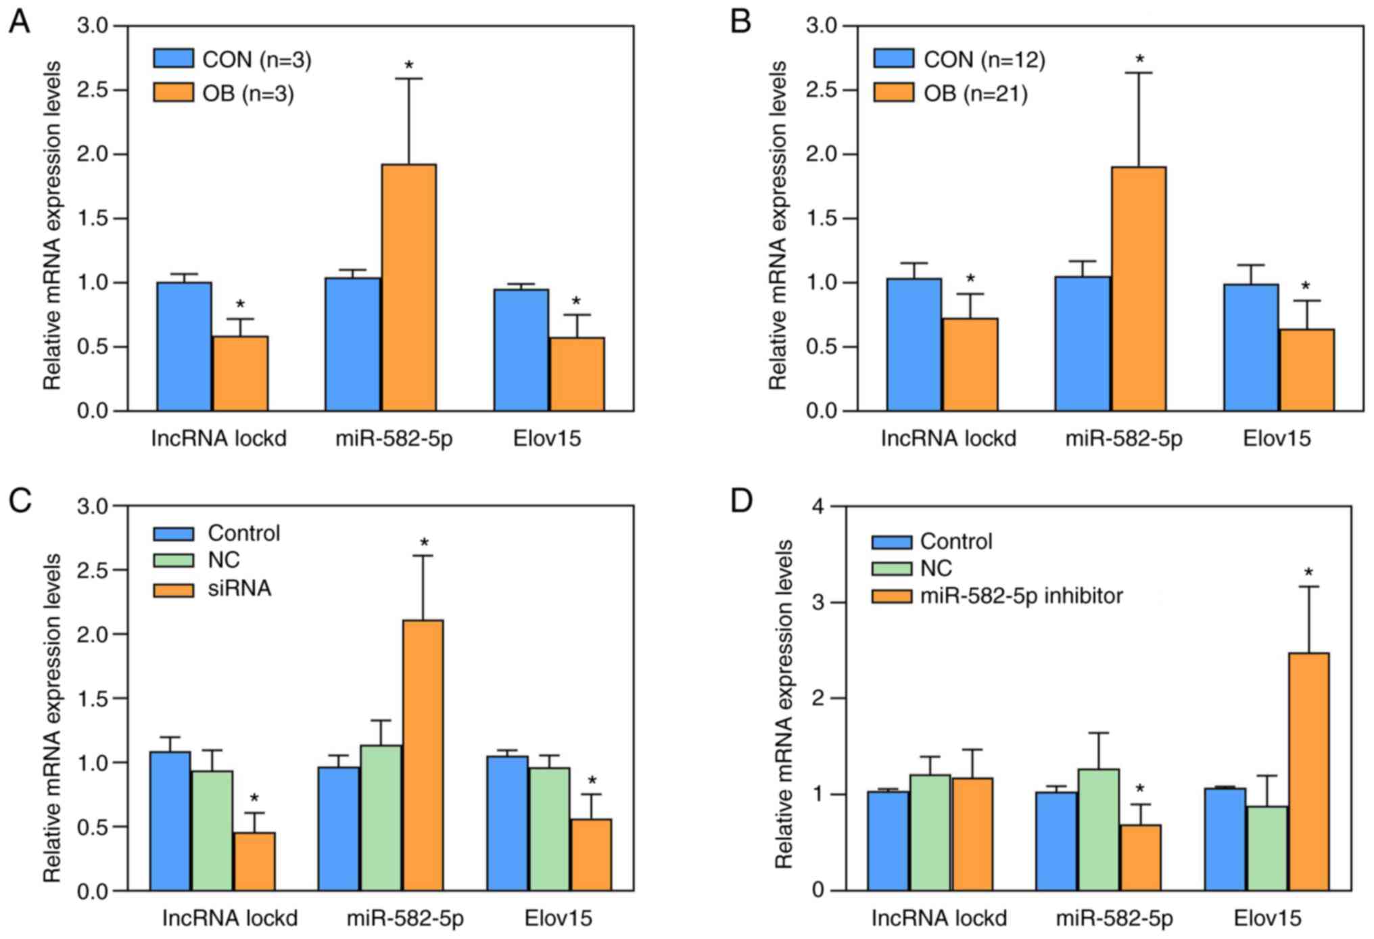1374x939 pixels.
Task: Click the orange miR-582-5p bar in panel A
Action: (408, 287)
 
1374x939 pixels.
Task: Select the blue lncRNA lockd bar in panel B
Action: (914, 344)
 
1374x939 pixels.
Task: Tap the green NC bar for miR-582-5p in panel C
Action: (381, 817)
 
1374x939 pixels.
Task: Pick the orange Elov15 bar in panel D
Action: (1308, 771)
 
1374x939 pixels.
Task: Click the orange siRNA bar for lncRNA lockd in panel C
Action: (254, 861)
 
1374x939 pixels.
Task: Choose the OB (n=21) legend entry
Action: (950, 93)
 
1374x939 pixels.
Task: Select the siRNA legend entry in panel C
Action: (212, 589)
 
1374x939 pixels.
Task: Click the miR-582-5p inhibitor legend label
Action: (1021, 596)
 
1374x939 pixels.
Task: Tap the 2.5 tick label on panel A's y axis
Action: (92, 90)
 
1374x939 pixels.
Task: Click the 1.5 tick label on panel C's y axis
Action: (92, 698)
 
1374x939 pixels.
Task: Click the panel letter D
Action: (741, 502)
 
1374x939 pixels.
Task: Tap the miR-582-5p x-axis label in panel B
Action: (1124, 439)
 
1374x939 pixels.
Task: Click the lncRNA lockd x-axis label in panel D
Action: (939, 918)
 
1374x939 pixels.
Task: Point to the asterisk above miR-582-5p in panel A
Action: (409, 66)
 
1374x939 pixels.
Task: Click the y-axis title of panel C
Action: (52, 718)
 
